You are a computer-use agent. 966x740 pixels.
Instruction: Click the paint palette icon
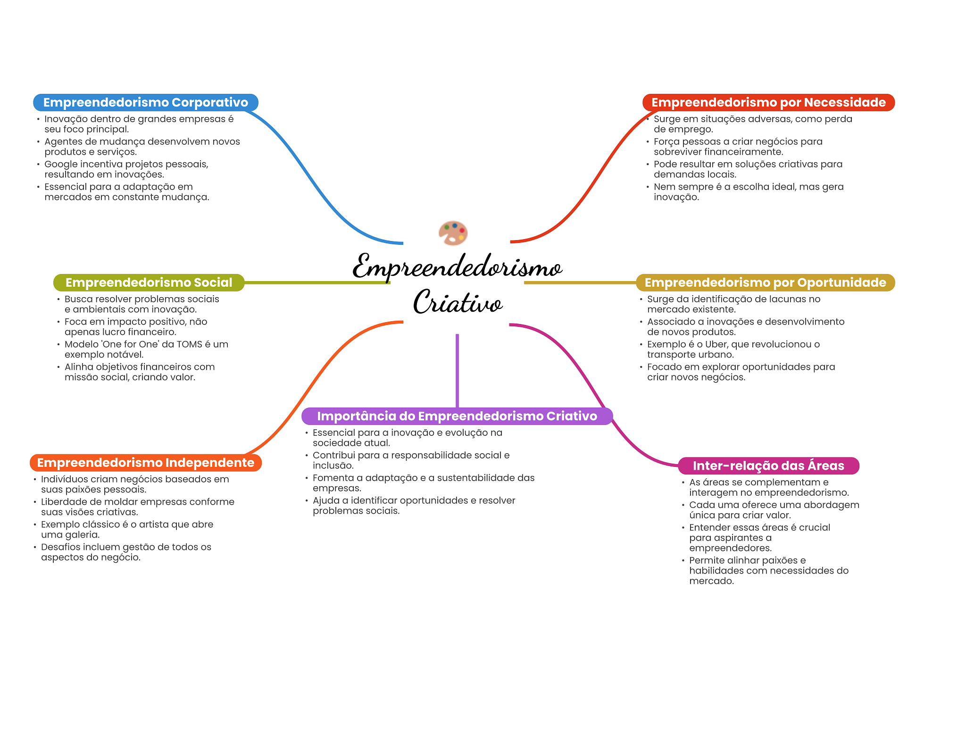453,233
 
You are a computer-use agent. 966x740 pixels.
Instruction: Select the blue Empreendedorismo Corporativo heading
145,102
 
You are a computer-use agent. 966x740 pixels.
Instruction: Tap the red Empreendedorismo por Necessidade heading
768,102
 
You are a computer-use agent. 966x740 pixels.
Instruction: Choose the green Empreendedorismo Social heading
149,283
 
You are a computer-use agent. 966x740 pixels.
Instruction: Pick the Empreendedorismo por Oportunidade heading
765,283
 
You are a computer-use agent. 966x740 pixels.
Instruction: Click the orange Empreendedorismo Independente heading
145,463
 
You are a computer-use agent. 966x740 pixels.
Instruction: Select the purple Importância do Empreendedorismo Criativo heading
457,416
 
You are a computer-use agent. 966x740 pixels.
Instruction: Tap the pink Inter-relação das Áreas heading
768,466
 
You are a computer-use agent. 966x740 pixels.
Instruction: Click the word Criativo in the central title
458,302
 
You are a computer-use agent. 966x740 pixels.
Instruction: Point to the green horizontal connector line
316,283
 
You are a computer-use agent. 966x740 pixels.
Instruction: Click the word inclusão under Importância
333,466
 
